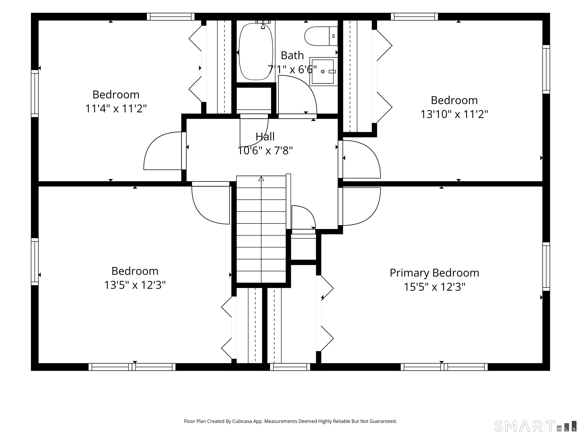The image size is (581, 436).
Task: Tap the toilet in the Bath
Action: click(321, 36)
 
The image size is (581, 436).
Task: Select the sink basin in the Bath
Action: click(323, 72)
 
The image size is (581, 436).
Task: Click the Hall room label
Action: click(265, 137)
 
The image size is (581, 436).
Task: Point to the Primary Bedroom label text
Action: click(434, 273)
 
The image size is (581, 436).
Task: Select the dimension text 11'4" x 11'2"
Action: click(116, 109)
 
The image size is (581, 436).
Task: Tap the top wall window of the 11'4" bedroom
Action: click(171, 16)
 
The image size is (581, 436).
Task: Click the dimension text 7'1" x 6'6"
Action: click(292, 70)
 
